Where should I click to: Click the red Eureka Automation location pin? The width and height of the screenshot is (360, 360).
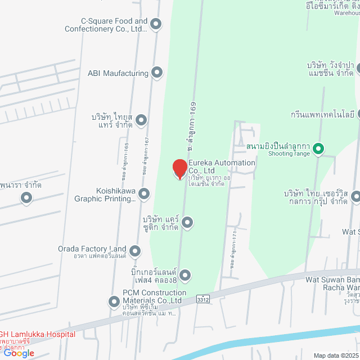tap(179, 169)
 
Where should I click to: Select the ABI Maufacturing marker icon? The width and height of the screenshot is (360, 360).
tap(157, 73)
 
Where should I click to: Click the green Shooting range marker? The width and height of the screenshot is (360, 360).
tap(318, 149)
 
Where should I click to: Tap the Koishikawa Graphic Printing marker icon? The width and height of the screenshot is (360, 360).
tap(144, 194)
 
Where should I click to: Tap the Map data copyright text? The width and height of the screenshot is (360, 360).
tap(336, 355)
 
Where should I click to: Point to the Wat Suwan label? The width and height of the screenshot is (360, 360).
tap(332, 279)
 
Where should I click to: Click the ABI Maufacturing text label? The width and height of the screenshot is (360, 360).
tap(118, 73)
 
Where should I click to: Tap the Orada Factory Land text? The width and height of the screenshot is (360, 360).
tap(92, 249)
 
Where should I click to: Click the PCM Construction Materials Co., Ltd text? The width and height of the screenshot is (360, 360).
tap(154, 296)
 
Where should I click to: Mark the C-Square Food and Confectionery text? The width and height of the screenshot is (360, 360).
tap(106, 25)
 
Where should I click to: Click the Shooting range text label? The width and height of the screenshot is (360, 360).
tap(289, 153)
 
